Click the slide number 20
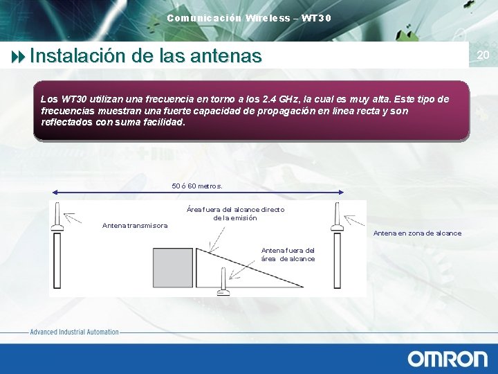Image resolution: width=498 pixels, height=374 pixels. (483, 55)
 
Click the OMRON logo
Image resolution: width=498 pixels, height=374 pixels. (448, 358)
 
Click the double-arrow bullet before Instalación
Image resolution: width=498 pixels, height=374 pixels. (18, 55)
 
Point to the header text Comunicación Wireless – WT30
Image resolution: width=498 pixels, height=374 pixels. (249, 17)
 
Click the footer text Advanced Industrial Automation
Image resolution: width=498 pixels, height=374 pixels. (74, 332)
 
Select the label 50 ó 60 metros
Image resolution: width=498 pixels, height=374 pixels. (197, 186)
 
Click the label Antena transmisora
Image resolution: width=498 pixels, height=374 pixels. (135, 225)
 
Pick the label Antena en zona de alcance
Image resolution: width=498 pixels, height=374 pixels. (417, 233)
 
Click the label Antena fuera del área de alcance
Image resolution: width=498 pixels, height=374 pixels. (288, 254)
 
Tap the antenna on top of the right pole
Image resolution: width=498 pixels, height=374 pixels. (337, 215)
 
